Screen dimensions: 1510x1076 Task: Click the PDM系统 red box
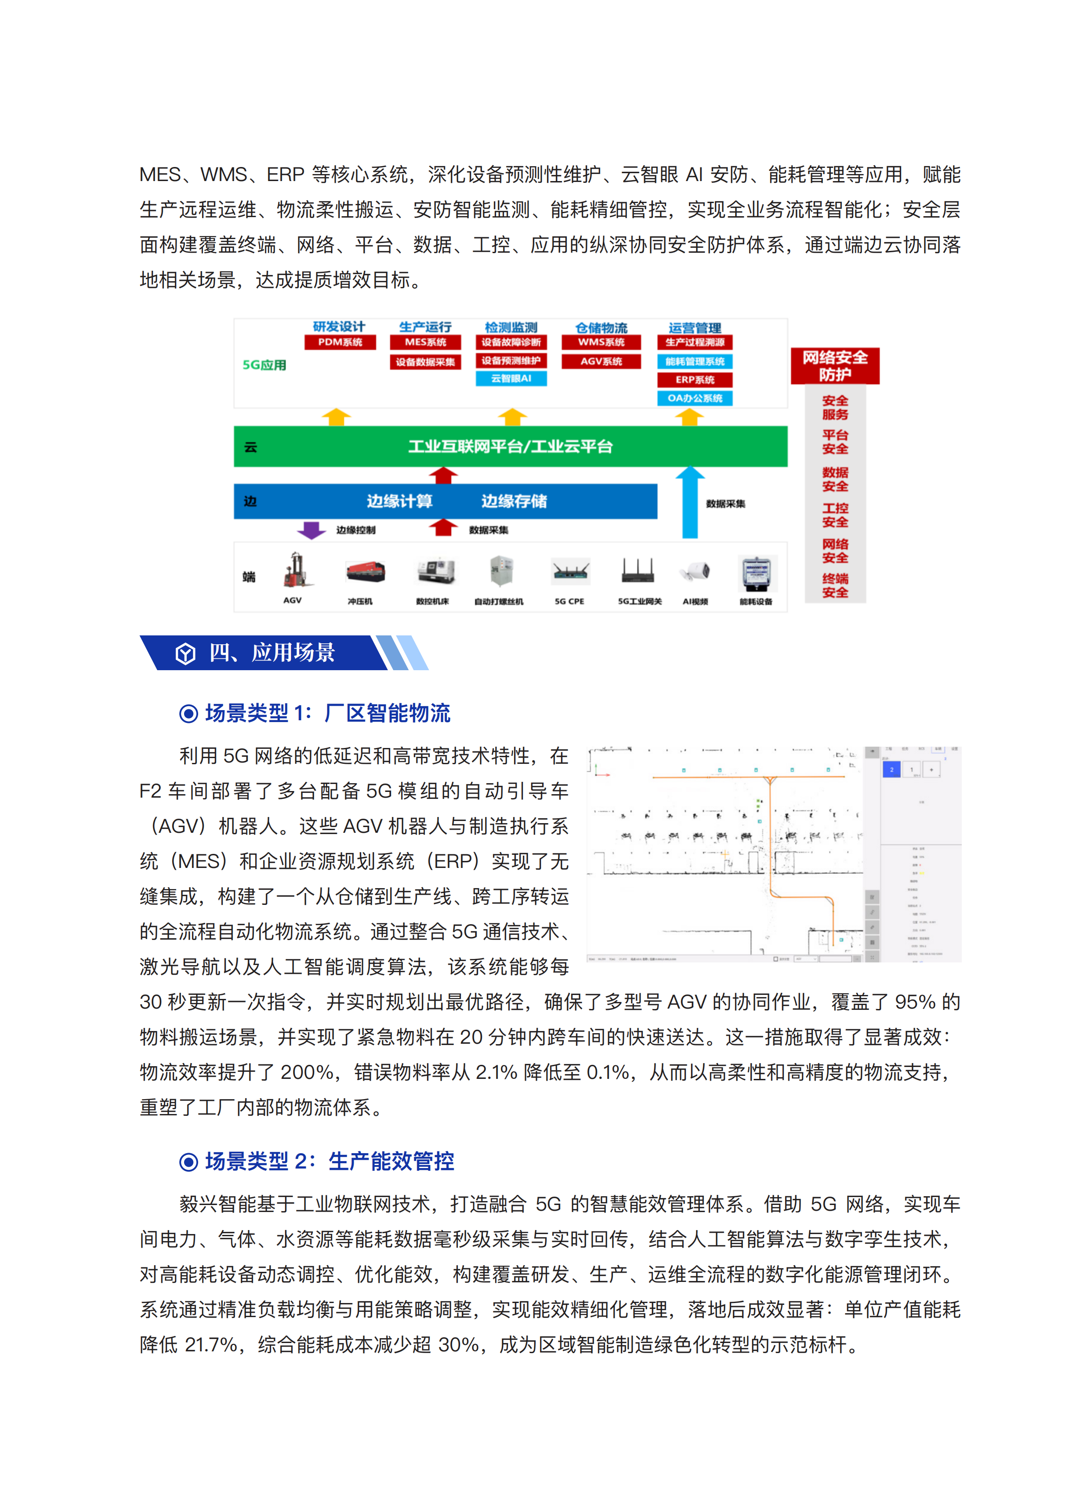coord(340,342)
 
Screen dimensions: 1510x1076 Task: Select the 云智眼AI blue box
coord(511,378)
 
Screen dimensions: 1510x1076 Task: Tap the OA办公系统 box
coord(694,398)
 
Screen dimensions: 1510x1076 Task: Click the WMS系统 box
coord(601,342)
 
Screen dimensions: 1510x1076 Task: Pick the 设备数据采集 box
coord(425,362)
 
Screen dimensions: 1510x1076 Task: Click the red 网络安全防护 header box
coord(835,366)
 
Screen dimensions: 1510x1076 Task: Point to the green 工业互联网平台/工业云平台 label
coord(510,446)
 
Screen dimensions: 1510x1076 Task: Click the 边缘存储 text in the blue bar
coord(514,501)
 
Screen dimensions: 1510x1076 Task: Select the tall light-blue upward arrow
coord(690,501)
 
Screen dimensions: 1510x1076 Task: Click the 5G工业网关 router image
coord(638,570)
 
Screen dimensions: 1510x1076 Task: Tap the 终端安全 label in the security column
coord(835,586)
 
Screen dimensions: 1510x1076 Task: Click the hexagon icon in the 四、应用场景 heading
coord(185,653)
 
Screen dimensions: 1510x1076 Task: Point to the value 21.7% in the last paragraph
coord(211,1344)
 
